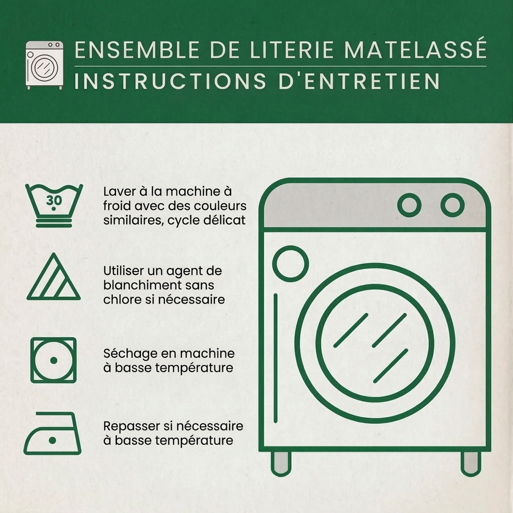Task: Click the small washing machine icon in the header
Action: point(45,65)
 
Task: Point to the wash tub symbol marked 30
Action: point(54,205)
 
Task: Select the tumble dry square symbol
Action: point(53,360)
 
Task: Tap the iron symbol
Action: point(52,433)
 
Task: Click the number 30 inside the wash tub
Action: point(54,200)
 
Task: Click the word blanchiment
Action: point(142,285)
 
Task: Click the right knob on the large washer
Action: point(452,205)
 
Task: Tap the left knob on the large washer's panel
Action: point(409,205)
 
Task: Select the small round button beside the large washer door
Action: point(291,264)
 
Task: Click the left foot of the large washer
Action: point(281,463)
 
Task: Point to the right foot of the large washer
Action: point(471,463)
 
